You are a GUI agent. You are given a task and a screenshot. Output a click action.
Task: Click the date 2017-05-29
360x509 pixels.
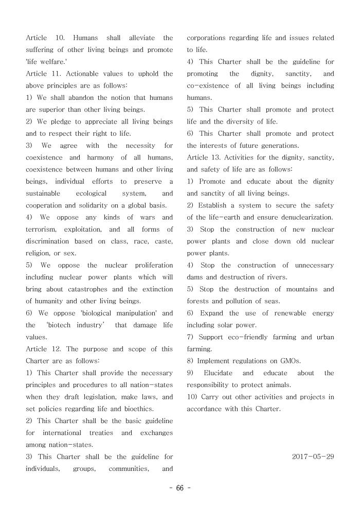click(313, 457)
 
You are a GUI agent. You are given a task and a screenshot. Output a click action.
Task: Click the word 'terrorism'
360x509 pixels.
click(42, 230)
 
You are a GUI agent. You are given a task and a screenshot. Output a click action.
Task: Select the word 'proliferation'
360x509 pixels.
click(154, 266)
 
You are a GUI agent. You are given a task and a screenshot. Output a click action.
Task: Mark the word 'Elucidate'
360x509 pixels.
click(218, 373)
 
